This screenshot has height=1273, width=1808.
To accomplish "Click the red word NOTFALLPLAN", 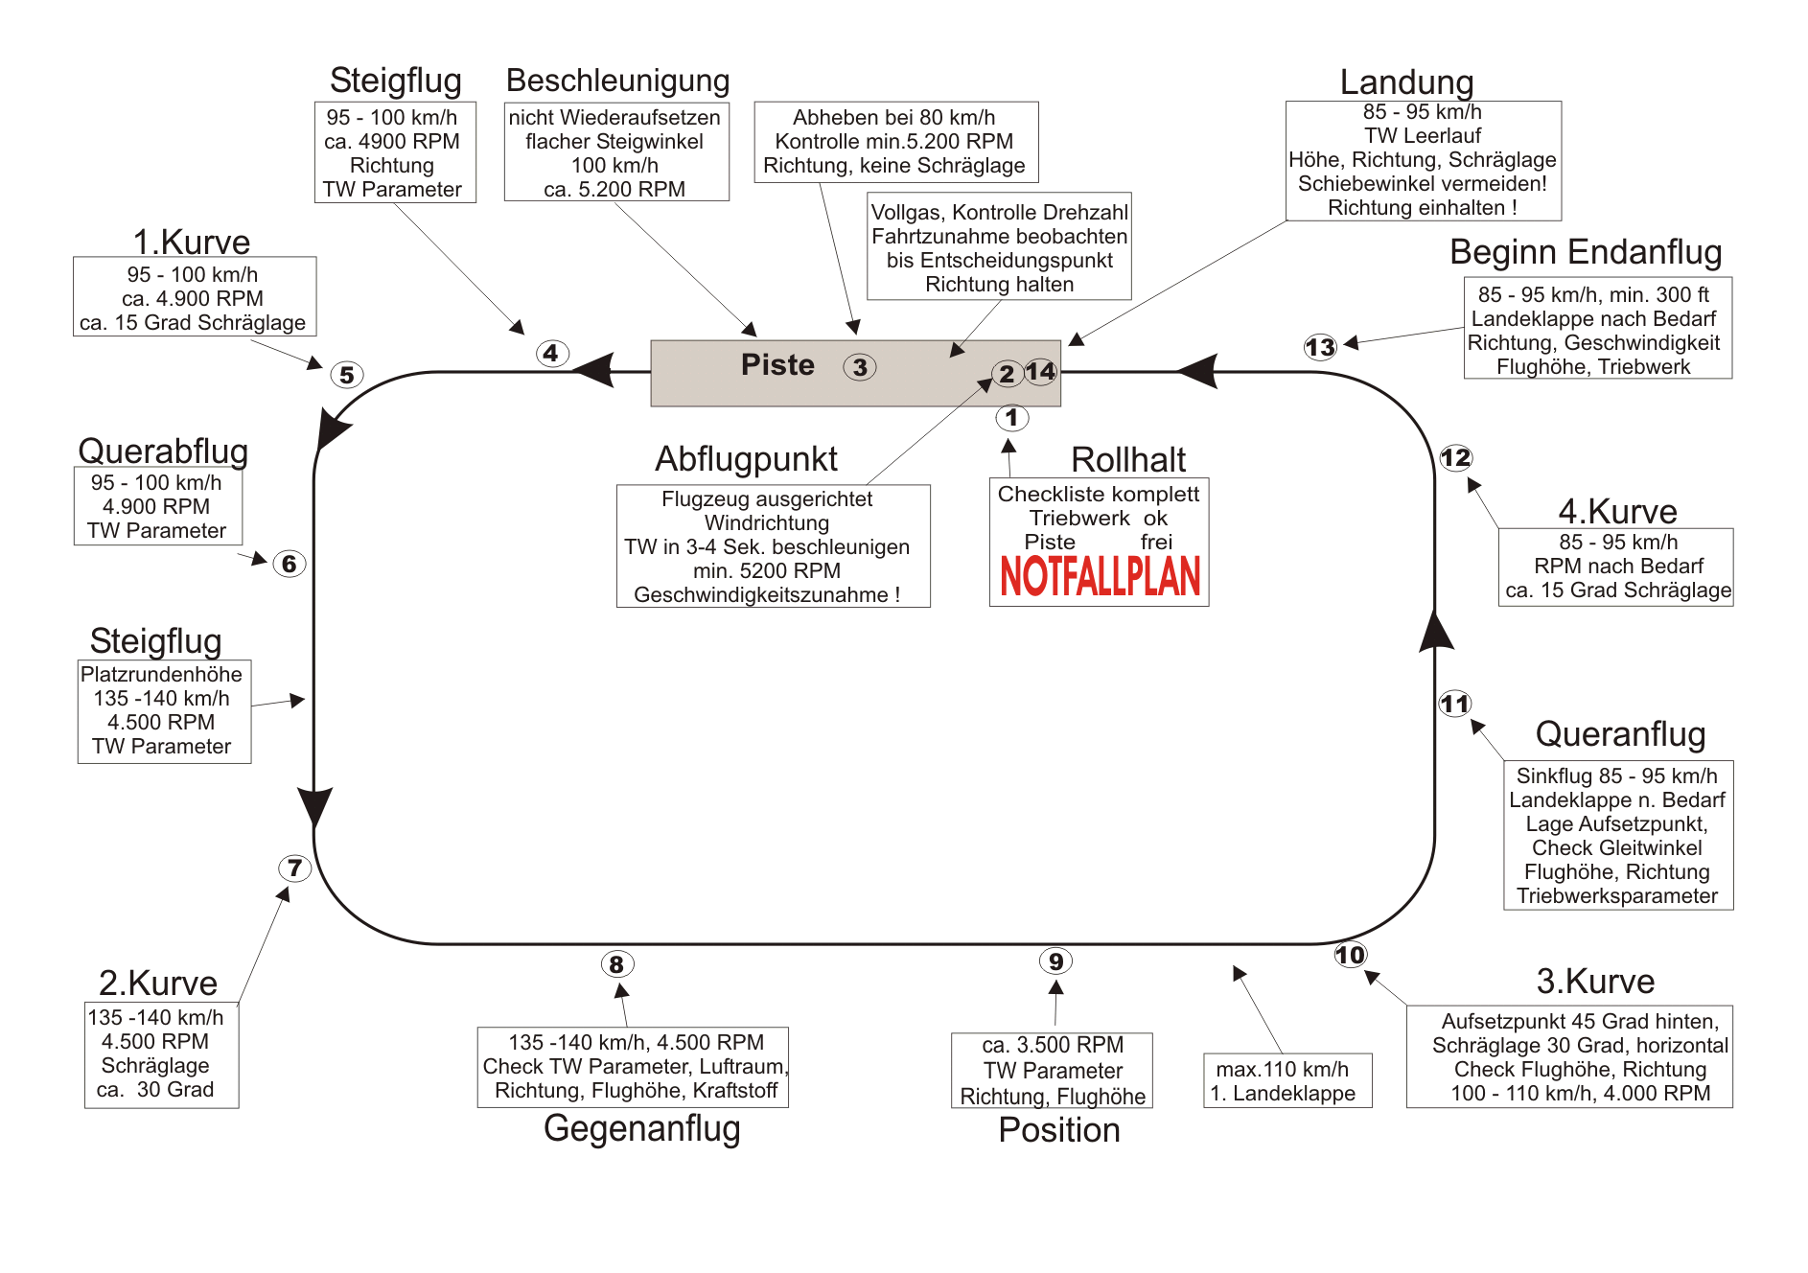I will [1100, 576].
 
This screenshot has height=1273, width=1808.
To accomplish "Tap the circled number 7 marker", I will [294, 868].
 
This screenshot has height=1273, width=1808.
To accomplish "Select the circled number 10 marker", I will [1350, 955].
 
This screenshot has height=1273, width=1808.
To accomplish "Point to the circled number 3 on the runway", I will [860, 367].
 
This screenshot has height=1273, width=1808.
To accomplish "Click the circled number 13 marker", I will [1320, 347].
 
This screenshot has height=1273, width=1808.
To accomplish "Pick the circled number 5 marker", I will [346, 375].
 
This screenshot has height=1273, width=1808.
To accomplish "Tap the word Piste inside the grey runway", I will [777, 365].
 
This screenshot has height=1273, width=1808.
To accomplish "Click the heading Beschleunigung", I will [617, 81].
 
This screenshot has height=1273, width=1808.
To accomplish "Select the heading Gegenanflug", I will [641, 1128].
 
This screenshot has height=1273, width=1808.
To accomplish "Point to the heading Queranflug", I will [1620, 734].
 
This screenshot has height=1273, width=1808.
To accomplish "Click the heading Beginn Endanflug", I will [1586, 252].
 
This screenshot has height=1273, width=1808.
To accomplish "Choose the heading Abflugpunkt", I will [746, 459].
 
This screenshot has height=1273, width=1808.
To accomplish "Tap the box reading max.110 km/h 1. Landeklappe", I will [1286, 1081].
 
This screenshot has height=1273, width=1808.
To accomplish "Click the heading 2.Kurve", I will [158, 984].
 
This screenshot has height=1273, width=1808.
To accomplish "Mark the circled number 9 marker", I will [1055, 961].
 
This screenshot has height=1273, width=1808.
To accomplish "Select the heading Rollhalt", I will [1127, 460].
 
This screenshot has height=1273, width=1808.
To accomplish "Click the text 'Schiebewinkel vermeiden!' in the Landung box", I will [1422, 184].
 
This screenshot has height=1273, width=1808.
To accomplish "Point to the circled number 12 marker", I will [1455, 458].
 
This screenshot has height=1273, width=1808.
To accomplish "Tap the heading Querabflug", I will [163, 451].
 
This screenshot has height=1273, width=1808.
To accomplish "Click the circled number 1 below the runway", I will [1011, 418].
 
